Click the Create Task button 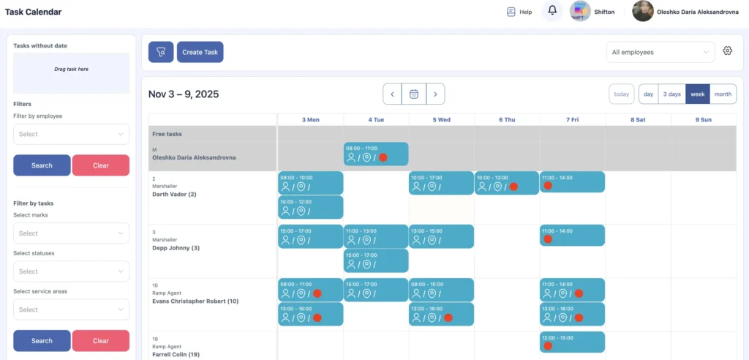(x=200, y=52)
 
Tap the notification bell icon (x=552, y=12)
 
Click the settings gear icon (x=727, y=51)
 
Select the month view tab (x=723, y=94)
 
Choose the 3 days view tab (x=671, y=94)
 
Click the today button (x=622, y=94)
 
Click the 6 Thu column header (x=506, y=119)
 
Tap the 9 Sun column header (x=703, y=119)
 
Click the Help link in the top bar (x=519, y=12)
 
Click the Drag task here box (x=71, y=70)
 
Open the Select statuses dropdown (x=71, y=271)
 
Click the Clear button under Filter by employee (x=100, y=165)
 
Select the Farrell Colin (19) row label (x=176, y=354)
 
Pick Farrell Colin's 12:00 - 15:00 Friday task (x=572, y=342)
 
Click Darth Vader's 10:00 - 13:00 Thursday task (x=506, y=183)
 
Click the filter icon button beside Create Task (x=161, y=52)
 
